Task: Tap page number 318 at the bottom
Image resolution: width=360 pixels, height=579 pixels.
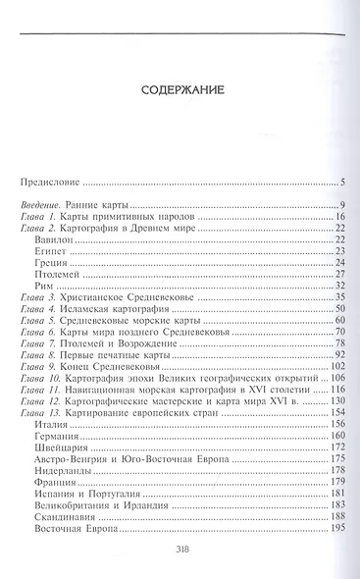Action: tap(180, 550)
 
